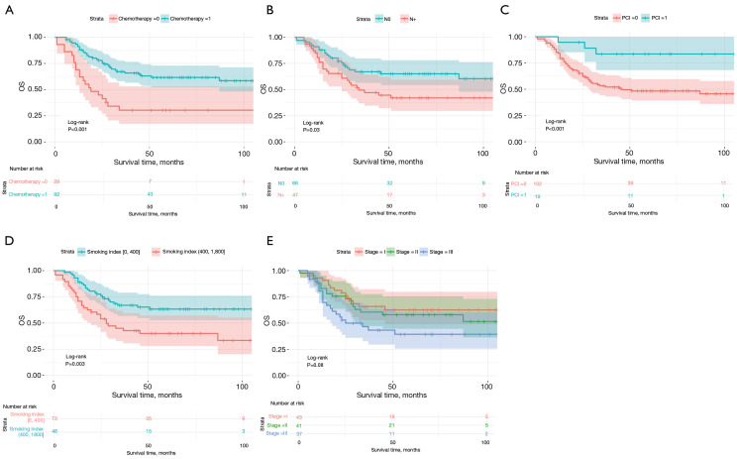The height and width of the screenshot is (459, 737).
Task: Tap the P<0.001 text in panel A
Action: click(70, 130)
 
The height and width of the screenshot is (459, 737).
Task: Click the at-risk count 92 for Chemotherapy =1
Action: click(56, 192)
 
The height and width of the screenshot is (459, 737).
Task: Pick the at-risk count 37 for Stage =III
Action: click(301, 433)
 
